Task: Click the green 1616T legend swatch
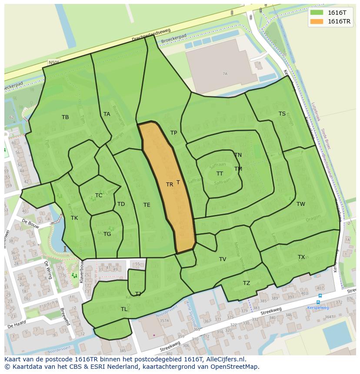point(317,13)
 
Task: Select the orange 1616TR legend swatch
point(317,21)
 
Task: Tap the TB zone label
point(65,117)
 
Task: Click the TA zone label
point(107,114)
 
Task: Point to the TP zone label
point(173,133)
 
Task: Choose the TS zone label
point(282,114)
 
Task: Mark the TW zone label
point(301,204)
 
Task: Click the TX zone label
point(301,257)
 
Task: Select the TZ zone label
point(247,283)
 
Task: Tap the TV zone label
point(223,259)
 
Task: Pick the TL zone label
point(124,309)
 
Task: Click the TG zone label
point(107,234)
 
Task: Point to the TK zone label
point(74,218)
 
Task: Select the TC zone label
point(99,195)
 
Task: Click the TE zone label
point(147,205)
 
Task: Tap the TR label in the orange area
point(170,185)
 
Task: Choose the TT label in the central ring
point(220,173)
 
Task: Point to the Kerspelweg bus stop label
point(318,308)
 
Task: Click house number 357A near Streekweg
point(164,321)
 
